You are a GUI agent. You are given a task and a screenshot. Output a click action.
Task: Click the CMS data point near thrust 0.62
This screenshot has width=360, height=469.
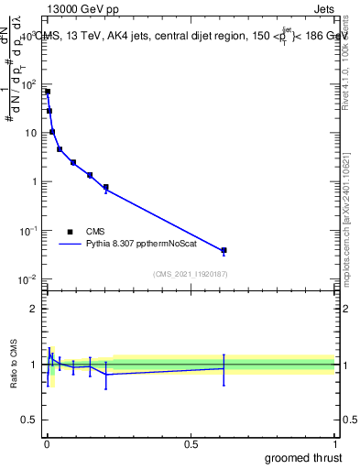tap(224, 250)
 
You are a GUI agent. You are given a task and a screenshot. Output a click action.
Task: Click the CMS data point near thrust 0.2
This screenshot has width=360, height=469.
tap(106, 187)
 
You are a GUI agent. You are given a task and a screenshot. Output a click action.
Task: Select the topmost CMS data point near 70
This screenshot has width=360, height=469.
tap(48, 92)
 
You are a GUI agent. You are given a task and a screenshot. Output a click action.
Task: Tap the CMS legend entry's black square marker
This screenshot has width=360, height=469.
tap(70, 232)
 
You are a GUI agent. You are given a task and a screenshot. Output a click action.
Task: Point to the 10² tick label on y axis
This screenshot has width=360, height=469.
tap(30, 84)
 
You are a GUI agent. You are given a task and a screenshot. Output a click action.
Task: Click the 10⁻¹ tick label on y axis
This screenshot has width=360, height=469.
tap(29, 230)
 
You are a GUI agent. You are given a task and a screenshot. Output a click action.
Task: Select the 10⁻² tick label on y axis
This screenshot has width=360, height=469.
tap(29, 278)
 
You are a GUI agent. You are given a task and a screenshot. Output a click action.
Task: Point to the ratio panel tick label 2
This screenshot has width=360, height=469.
tap(34, 309)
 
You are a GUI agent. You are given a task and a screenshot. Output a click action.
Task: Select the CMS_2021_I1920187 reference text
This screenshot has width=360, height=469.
tap(191, 274)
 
